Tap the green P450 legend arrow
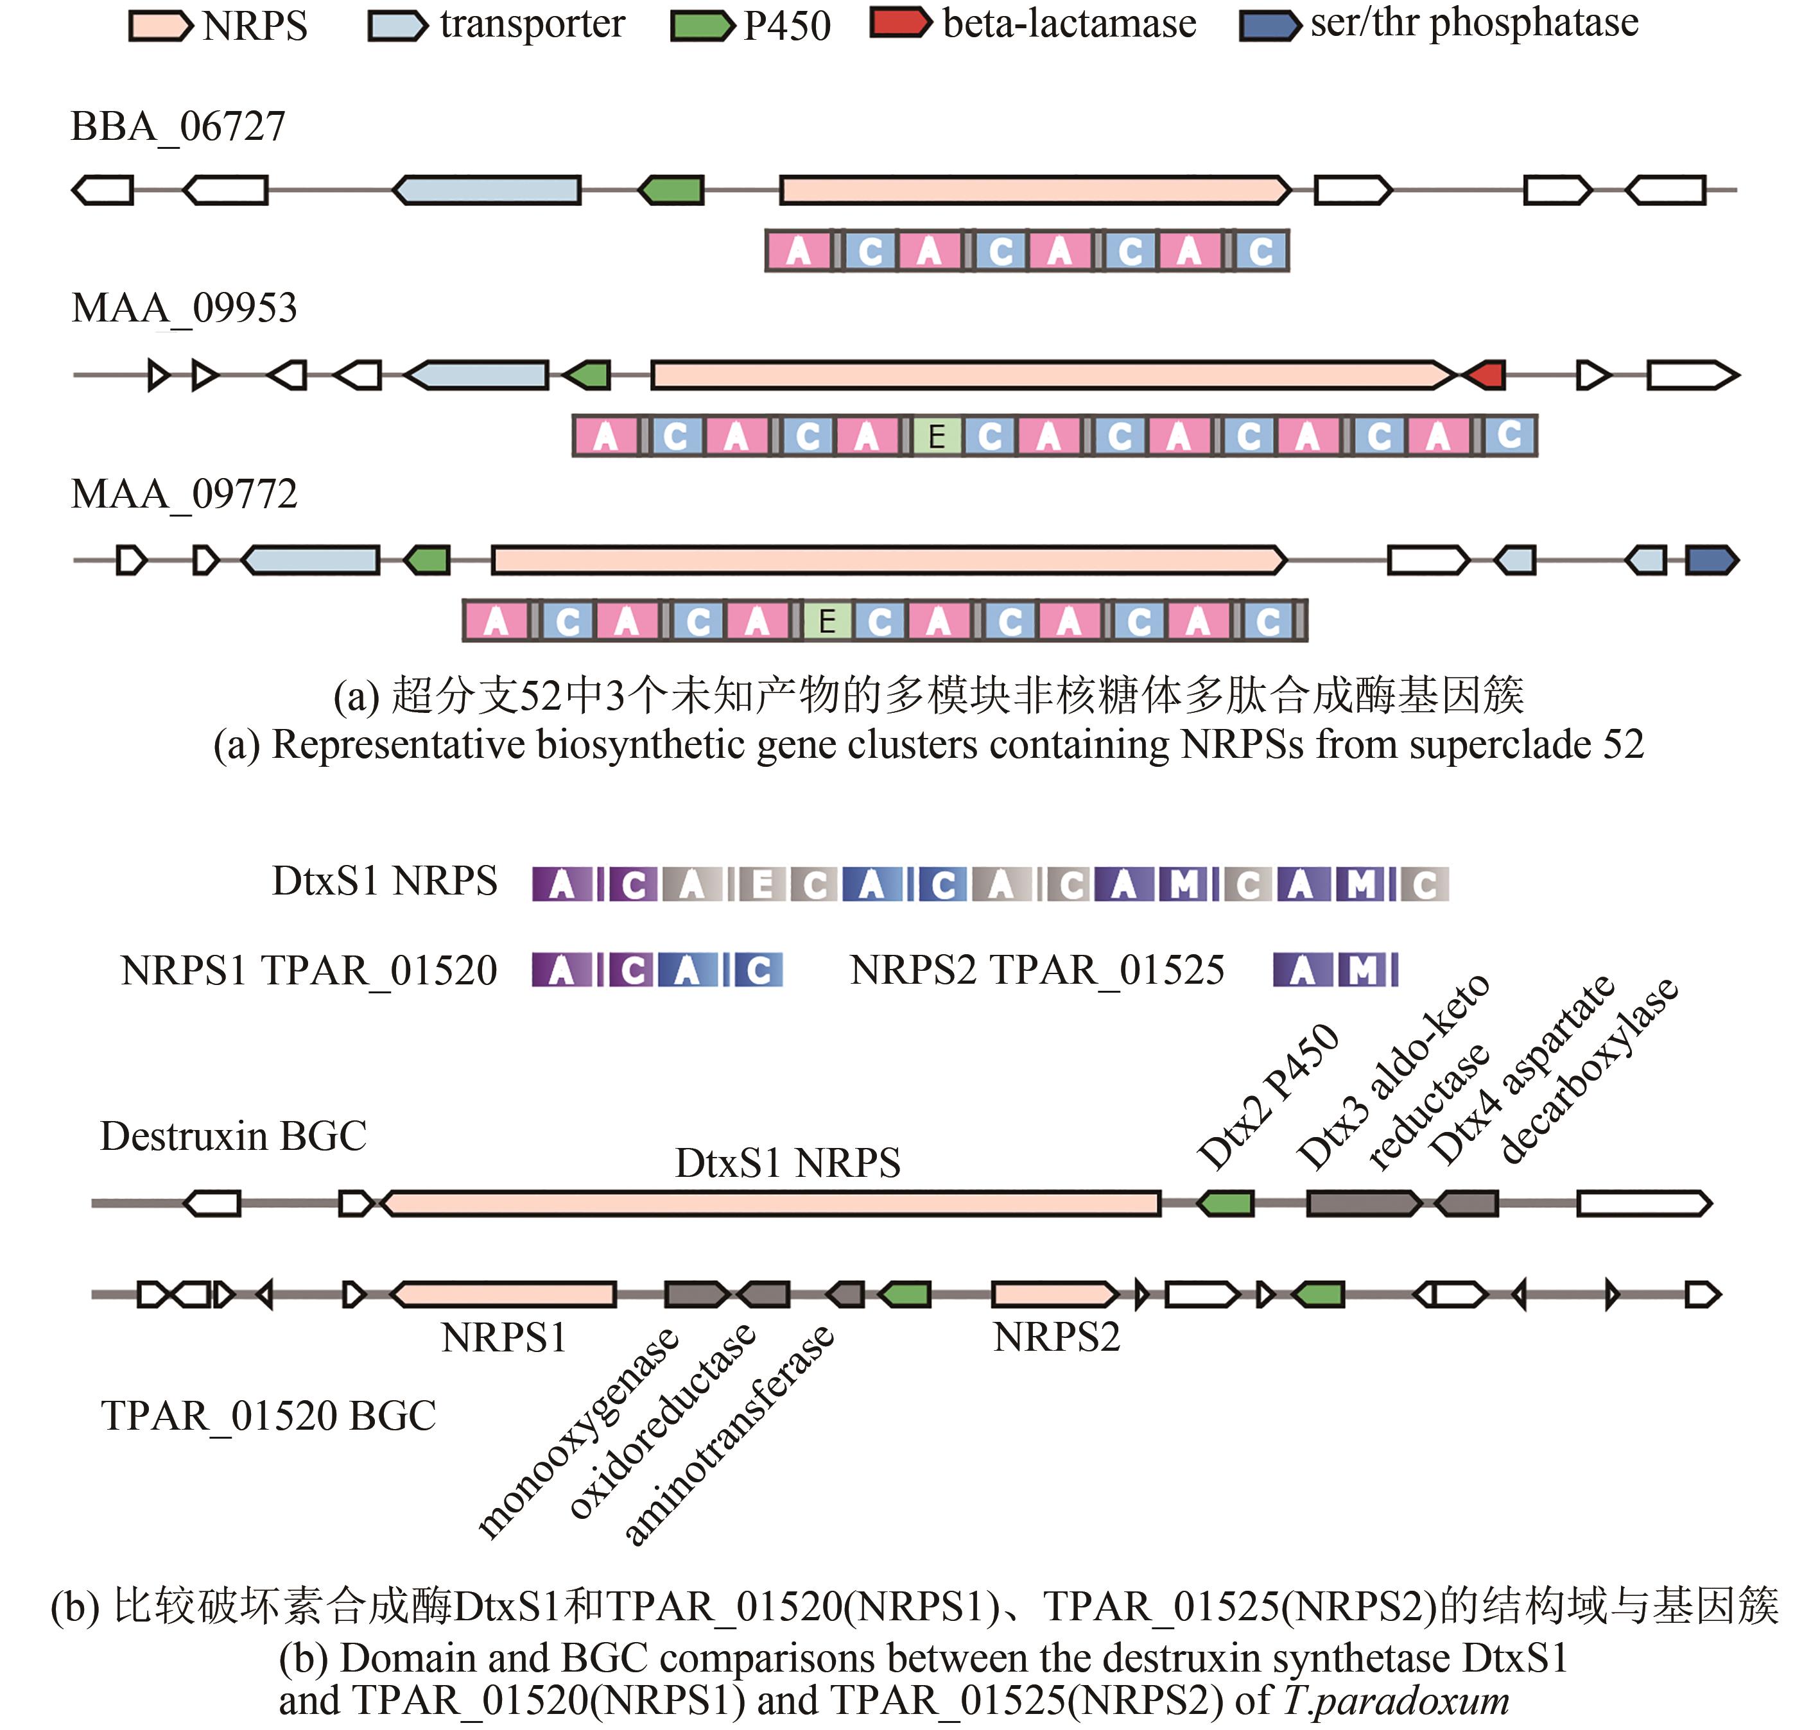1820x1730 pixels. coord(702,25)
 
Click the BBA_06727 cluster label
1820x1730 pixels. coord(178,126)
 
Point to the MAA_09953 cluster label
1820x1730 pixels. coord(184,308)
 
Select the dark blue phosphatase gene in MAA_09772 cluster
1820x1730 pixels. coord(1711,560)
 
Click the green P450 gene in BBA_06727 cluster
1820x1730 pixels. coord(672,191)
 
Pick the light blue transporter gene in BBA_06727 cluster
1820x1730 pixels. coord(487,191)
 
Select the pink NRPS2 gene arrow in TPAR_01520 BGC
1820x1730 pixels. coord(1054,1295)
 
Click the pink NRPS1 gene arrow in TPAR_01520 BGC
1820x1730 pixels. coord(504,1295)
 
